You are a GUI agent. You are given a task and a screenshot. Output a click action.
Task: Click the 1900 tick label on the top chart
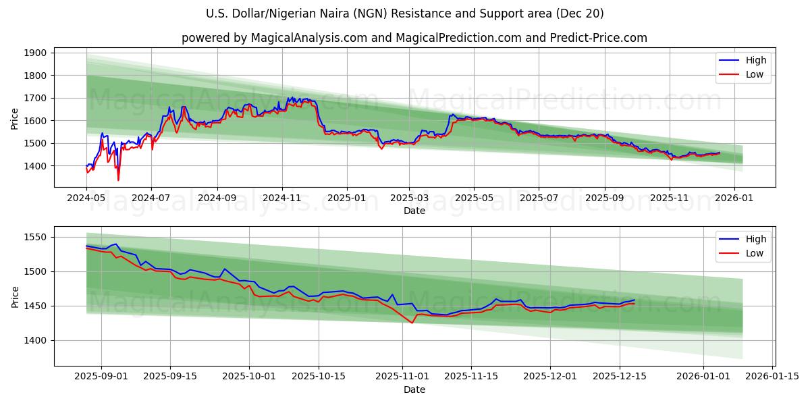[x=35, y=53]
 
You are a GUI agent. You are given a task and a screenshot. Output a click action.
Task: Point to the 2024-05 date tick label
[x=87, y=198]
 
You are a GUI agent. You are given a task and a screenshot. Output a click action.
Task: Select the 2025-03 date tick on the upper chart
[x=409, y=198]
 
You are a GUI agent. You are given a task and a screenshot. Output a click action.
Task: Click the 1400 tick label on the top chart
[x=35, y=166]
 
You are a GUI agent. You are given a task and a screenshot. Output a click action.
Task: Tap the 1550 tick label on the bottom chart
[x=35, y=237]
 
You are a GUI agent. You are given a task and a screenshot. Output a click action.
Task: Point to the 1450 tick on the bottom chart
[x=35, y=306]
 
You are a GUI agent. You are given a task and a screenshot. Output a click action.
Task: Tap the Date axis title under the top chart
[x=414, y=211]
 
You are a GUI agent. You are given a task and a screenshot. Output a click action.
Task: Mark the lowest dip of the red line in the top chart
[x=118, y=180]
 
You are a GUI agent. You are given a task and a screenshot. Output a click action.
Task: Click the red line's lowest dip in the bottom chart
[x=412, y=323]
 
